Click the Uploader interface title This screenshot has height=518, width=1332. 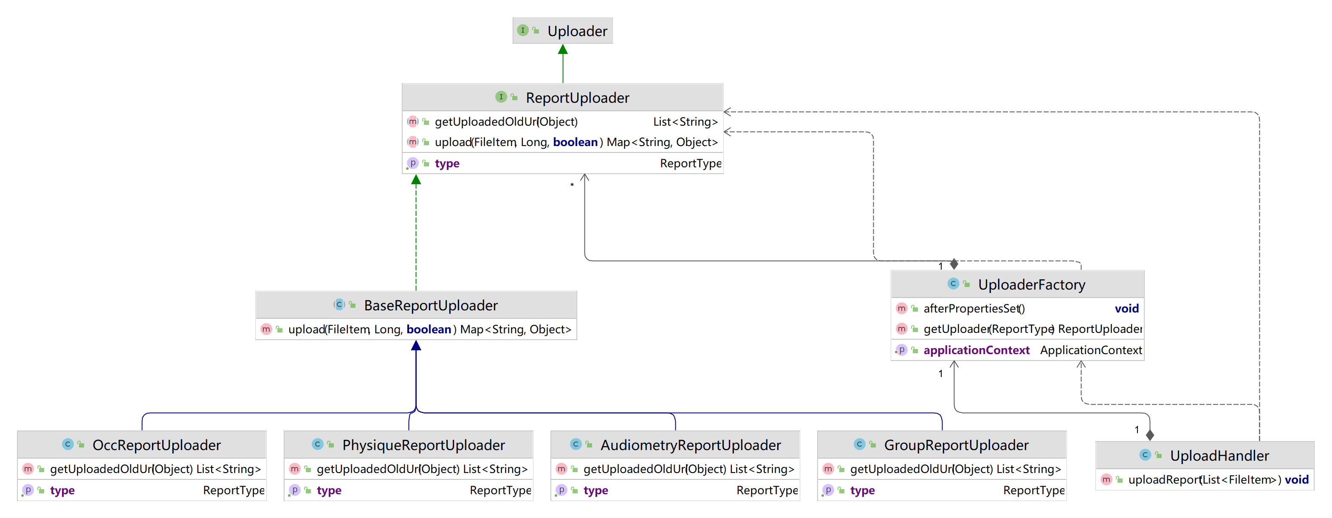[577, 31]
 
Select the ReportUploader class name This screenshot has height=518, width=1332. [578, 98]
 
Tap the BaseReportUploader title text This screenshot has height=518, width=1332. [431, 306]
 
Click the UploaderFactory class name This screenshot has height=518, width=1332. [1032, 285]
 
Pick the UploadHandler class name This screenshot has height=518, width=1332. [1219, 456]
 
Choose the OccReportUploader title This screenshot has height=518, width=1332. [157, 445]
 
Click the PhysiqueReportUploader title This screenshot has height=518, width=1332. [423, 445]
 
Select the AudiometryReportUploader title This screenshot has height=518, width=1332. [690, 445]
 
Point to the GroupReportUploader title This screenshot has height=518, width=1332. [956, 445]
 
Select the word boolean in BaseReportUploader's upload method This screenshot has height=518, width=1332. [429, 329]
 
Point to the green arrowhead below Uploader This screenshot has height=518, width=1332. [563, 49]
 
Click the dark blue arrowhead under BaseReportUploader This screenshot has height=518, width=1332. [416, 345]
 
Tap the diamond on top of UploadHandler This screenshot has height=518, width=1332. [1149, 435]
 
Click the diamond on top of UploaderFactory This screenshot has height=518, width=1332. [954, 264]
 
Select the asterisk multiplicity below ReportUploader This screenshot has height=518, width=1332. [572, 185]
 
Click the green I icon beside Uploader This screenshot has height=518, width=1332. [523, 31]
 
